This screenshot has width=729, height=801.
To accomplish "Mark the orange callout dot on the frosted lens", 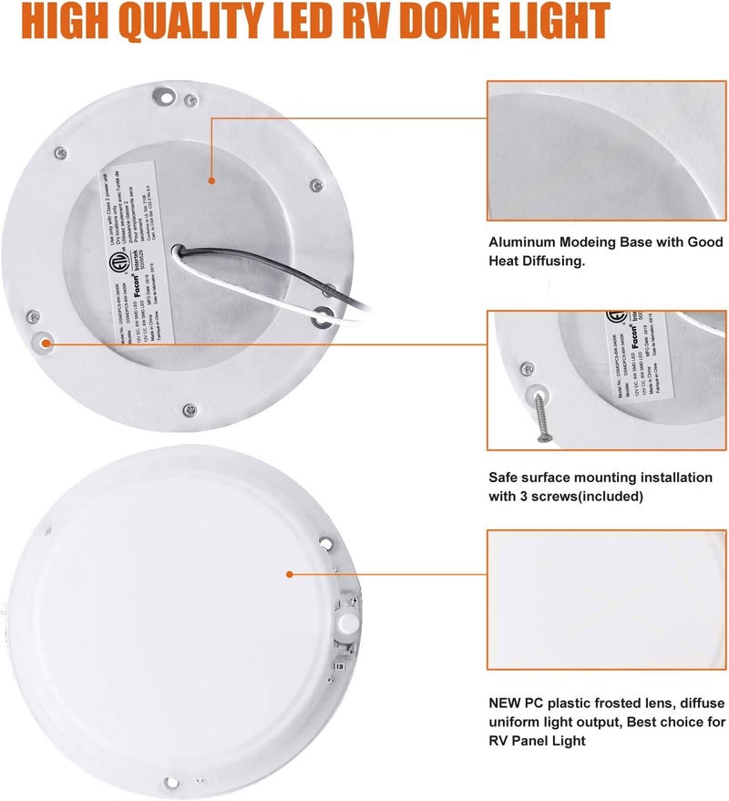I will pyautogui.click(x=289, y=574).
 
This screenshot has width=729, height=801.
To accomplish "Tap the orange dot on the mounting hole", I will pyautogui.click(x=43, y=343).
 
